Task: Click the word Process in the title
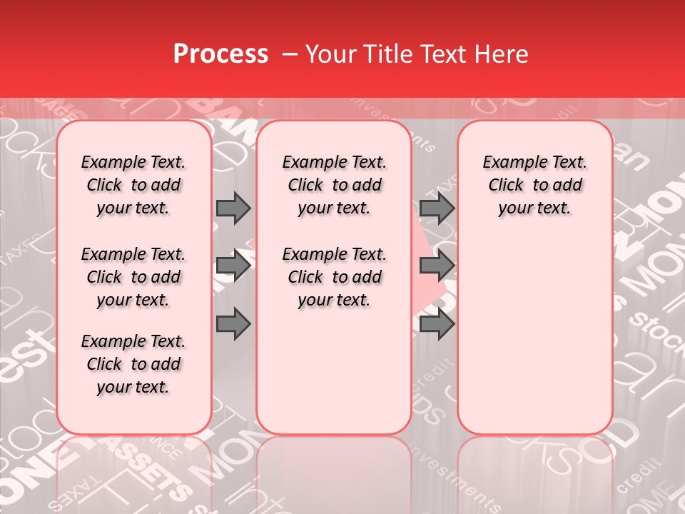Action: [x=220, y=54]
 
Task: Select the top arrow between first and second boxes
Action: [x=233, y=208]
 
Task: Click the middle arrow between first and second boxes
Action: [x=233, y=266]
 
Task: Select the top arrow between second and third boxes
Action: [x=437, y=208]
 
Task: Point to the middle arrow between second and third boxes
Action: [x=437, y=266]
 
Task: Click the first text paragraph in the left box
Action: [x=133, y=186]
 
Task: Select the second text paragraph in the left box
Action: [x=133, y=277]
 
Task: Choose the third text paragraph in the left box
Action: [x=133, y=364]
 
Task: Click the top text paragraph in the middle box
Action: [x=334, y=186]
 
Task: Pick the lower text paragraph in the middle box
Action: [x=334, y=277]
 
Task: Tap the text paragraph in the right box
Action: [x=534, y=186]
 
